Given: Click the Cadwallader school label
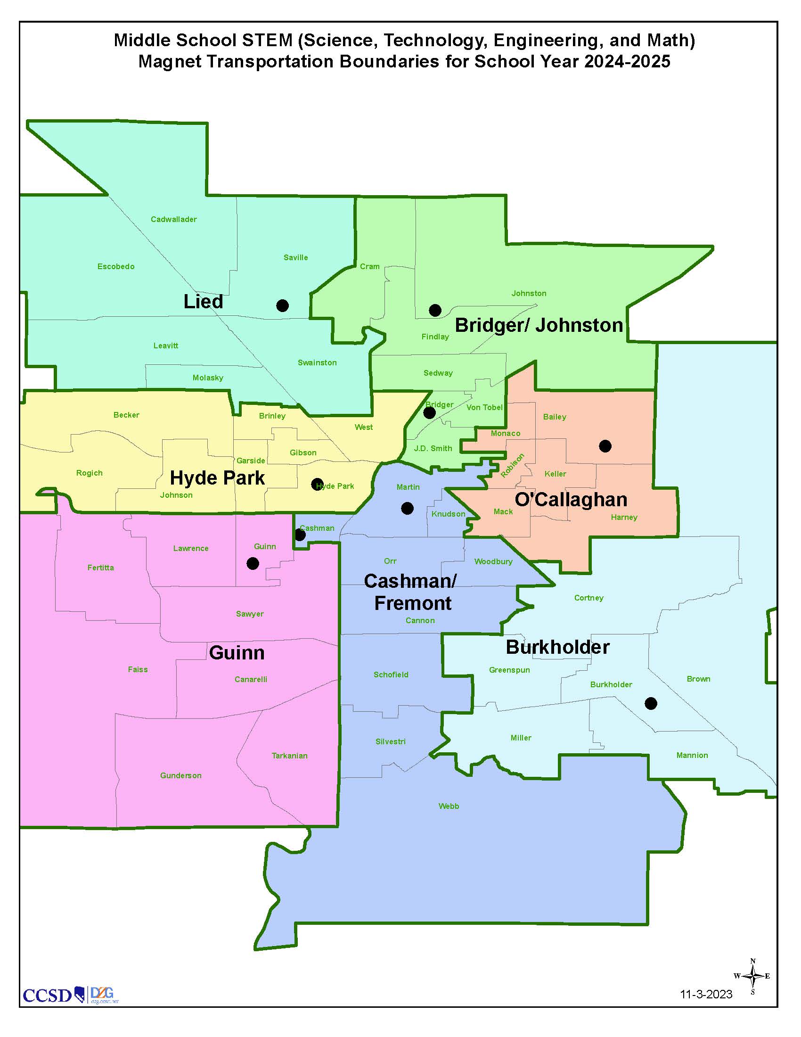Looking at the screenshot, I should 174,219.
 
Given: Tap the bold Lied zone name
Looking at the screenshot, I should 203,302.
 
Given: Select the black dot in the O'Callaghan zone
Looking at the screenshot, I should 605,446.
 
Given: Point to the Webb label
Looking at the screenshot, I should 449,806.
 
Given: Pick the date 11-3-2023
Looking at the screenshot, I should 706,994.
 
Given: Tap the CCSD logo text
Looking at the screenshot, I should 47,995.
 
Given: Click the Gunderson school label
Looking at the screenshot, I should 181,775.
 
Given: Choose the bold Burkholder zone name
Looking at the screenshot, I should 557,647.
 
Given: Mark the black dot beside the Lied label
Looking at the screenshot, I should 282,305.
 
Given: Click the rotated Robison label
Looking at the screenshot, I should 513,465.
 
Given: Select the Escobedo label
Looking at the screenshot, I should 116,266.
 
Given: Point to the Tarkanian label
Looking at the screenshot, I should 289,756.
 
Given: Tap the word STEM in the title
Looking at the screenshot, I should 267,41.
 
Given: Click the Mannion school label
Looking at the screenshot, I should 692,756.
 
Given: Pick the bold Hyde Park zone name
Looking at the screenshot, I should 217,478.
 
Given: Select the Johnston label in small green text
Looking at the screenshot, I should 529,294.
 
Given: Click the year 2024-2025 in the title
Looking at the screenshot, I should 627,62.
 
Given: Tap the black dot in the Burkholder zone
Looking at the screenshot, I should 651,703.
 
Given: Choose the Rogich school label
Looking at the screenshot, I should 89,473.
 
